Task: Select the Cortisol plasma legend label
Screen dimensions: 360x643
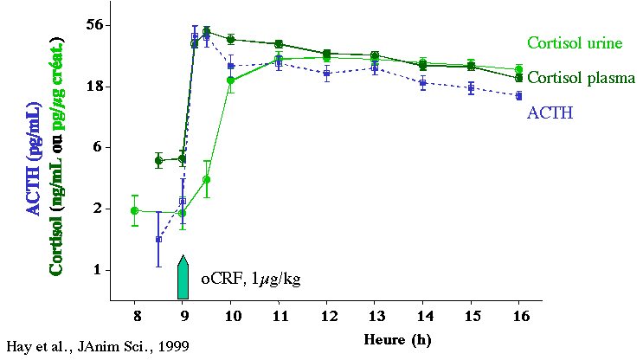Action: (581, 78)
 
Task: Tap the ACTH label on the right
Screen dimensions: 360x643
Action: (550, 112)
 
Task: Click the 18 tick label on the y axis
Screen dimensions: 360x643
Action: (94, 87)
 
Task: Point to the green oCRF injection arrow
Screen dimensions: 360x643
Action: (183, 278)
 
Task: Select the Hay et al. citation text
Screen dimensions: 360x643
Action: (97, 346)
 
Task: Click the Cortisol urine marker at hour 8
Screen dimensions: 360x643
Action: (134, 210)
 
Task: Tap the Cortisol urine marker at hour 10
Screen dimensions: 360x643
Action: (231, 80)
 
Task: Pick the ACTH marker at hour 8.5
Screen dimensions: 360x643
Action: (158, 239)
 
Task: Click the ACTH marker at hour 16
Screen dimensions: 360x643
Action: (518, 95)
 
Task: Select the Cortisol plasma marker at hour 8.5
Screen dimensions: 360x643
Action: (158, 160)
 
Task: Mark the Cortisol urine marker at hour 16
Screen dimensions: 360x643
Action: (518, 70)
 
